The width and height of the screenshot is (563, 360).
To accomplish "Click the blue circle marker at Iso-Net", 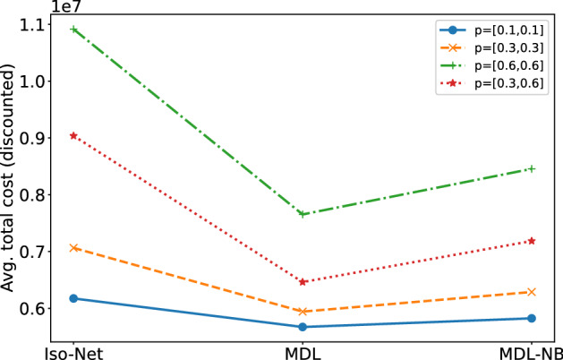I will pyautogui.click(x=74, y=298).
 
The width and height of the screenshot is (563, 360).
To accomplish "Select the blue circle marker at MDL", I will pyautogui.click(x=303, y=327).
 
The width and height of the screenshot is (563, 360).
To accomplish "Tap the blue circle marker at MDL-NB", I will pyautogui.click(x=532, y=318).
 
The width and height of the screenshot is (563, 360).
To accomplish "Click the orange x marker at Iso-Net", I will pyautogui.click(x=74, y=247).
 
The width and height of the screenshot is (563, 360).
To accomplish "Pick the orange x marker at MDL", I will pyautogui.click(x=303, y=312).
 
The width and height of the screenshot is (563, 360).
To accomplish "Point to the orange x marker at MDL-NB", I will pyautogui.click(x=532, y=292).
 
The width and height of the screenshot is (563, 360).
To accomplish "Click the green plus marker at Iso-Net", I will pyautogui.click(x=74, y=29).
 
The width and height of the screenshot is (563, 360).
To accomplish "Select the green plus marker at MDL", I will pyautogui.click(x=303, y=214).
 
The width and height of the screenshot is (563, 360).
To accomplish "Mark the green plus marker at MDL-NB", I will pyautogui.click(x=532, y=168).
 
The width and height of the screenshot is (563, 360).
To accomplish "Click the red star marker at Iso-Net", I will pyautogui.click(x=74, y=135).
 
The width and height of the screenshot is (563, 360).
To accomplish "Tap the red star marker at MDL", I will pyautogui.click(x=303, y=281).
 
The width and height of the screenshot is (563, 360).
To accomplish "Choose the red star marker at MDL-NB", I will pyautogui.click(x=532, y=241).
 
